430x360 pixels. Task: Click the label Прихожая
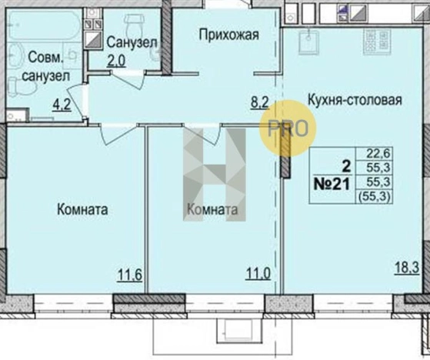(227, 33)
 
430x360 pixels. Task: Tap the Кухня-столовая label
(354, 99)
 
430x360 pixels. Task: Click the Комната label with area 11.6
(82, 208)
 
